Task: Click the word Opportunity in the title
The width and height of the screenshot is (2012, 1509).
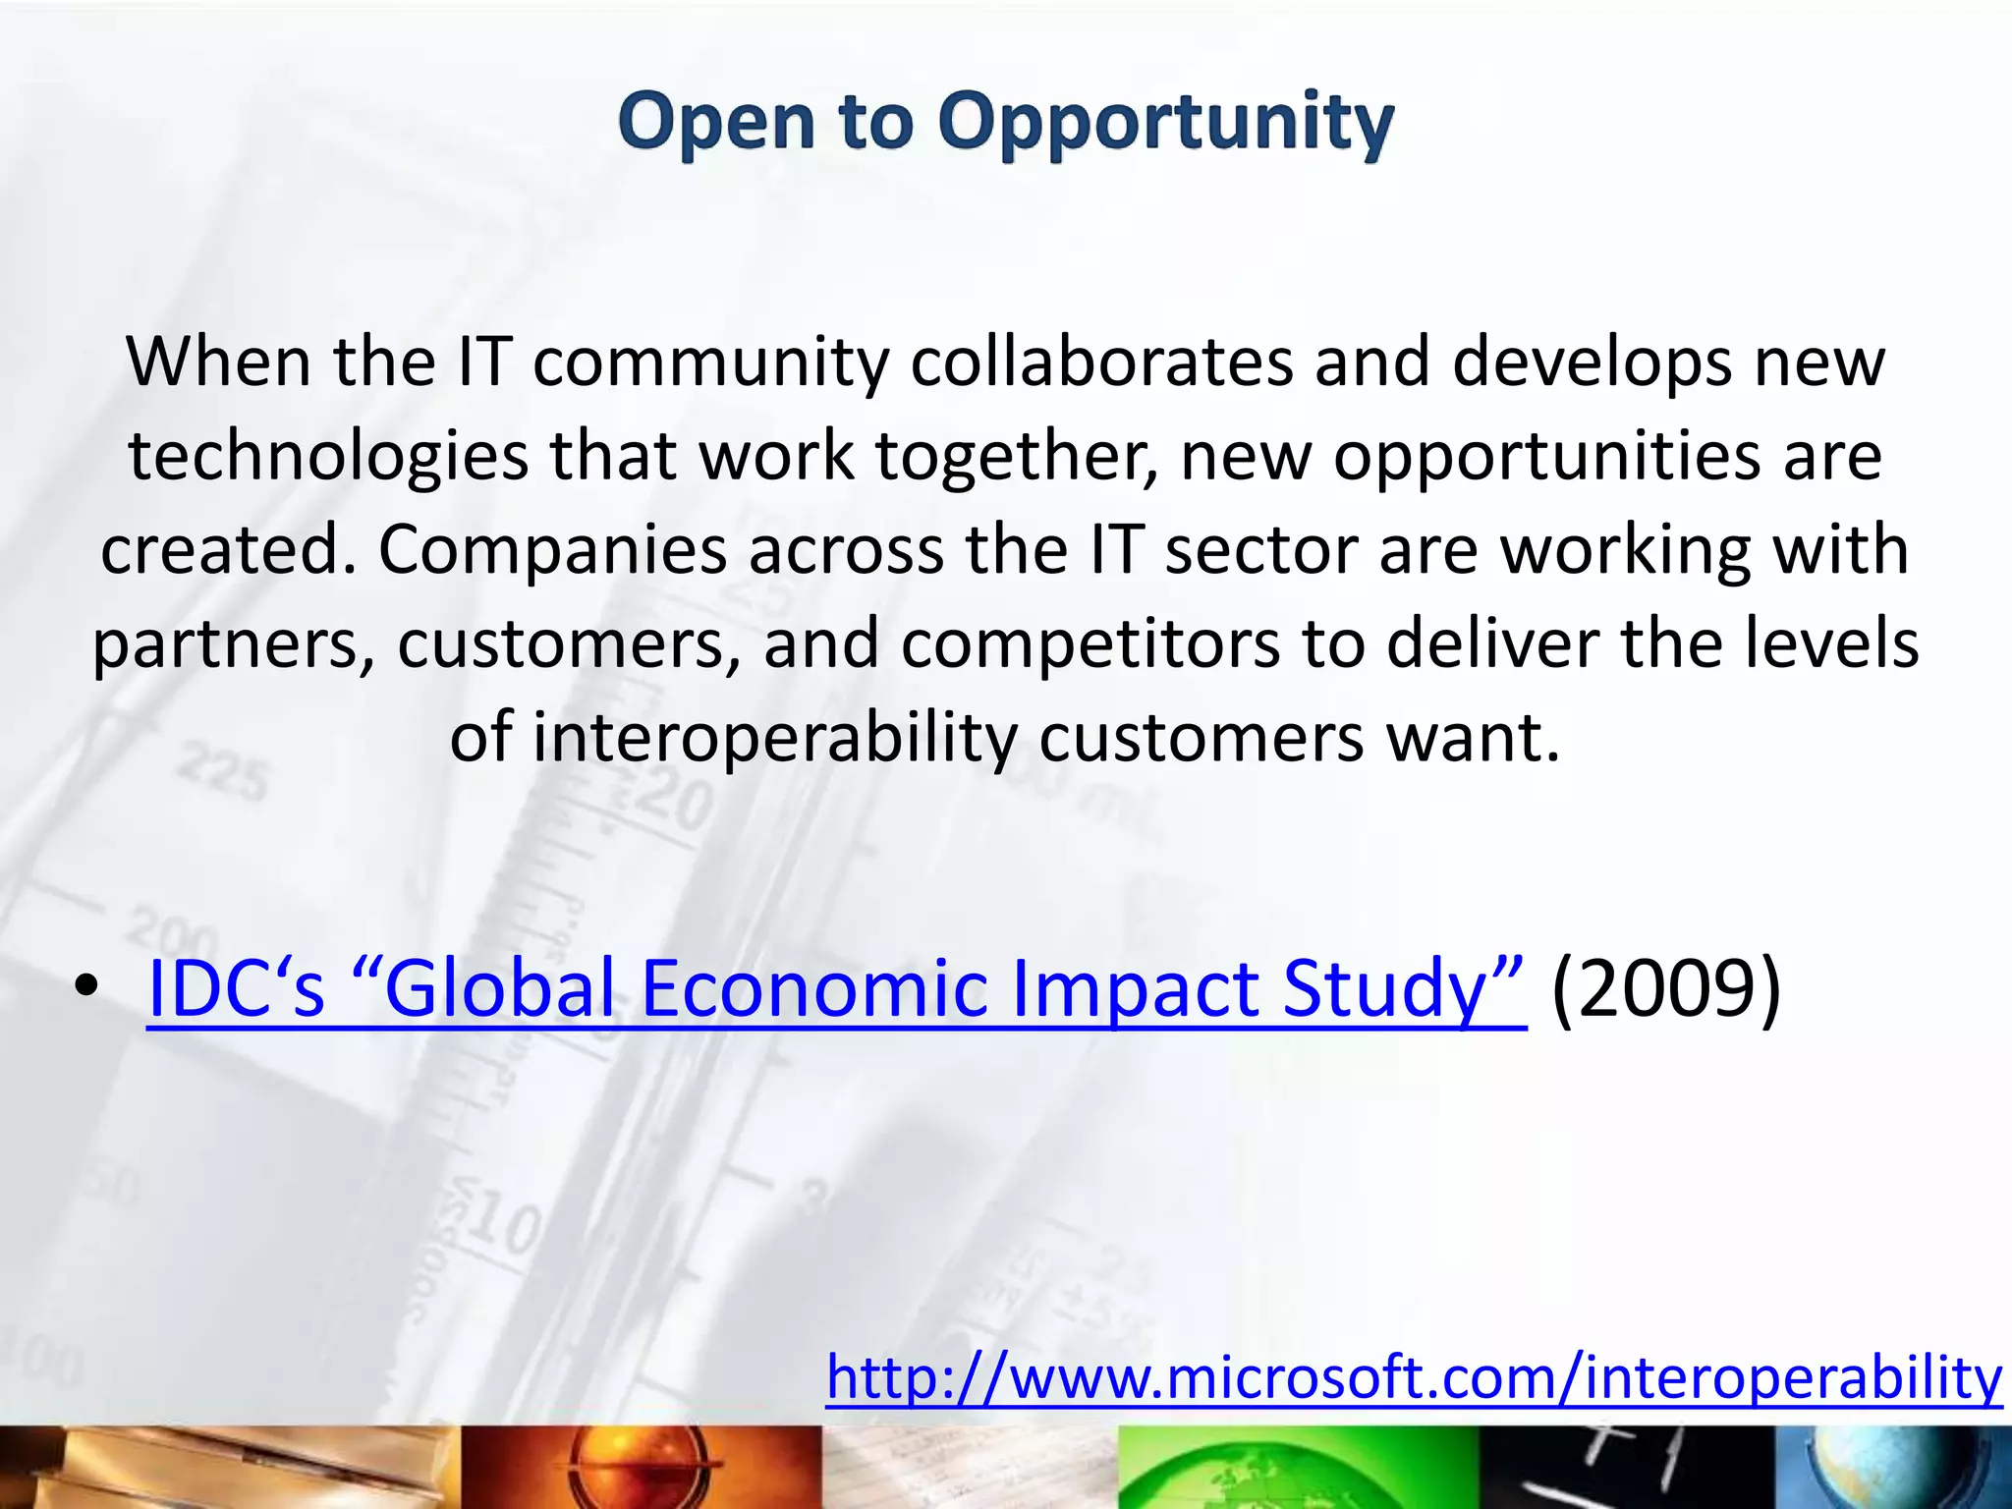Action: point(1165,123)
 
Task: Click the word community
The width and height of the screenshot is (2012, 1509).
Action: point(710,363)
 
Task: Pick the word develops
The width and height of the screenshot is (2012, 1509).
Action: point(1592,363)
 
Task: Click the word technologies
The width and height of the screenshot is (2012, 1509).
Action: point(328,457)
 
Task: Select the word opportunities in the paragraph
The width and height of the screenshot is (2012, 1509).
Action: point(1546,457)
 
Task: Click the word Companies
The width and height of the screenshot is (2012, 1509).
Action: point(552,550)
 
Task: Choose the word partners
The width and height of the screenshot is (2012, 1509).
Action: point(233,644)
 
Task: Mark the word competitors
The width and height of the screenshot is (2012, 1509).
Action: point(1090,644)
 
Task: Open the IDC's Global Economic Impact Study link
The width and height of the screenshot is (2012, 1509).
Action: point(836,988)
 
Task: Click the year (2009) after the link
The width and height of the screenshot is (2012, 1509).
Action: point(1666,988)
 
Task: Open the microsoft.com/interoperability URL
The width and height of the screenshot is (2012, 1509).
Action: point(1414,1377)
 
